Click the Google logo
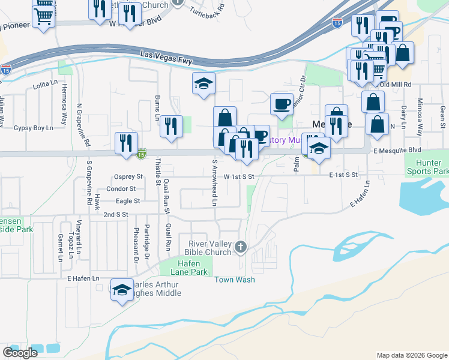tap(20, 353)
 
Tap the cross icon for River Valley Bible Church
tap(240, 246)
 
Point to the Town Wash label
tap(235, 280)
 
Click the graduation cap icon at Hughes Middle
tap(122, 290)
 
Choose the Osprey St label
tap(128, 176)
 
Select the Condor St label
tap(125, 188)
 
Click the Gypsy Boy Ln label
tap(34, 128)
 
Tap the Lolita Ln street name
tap(44, 86)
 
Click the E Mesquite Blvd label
tap(397, 150)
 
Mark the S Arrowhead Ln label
tap(214, 184)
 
